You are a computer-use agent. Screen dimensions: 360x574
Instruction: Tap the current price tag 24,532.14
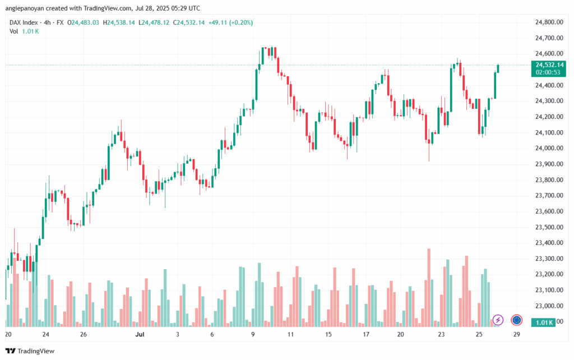click(x=549, y=65)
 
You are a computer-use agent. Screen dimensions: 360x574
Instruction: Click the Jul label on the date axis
click(x=140, y=334)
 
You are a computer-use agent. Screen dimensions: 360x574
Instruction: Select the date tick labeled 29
click(x=516, y=334)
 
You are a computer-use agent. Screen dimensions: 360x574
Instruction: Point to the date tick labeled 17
click(x=366, y=334)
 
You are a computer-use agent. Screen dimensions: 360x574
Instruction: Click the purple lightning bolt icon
click(x=498, y=320)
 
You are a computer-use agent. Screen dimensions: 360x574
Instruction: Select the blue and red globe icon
click(x=517, y=320)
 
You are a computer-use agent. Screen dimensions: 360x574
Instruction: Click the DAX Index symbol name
click(x=24, y=22)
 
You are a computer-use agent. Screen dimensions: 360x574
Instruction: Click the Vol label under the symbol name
click(x=14, y=31)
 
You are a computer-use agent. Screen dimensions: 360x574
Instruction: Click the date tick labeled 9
click(x=253, y=334)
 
